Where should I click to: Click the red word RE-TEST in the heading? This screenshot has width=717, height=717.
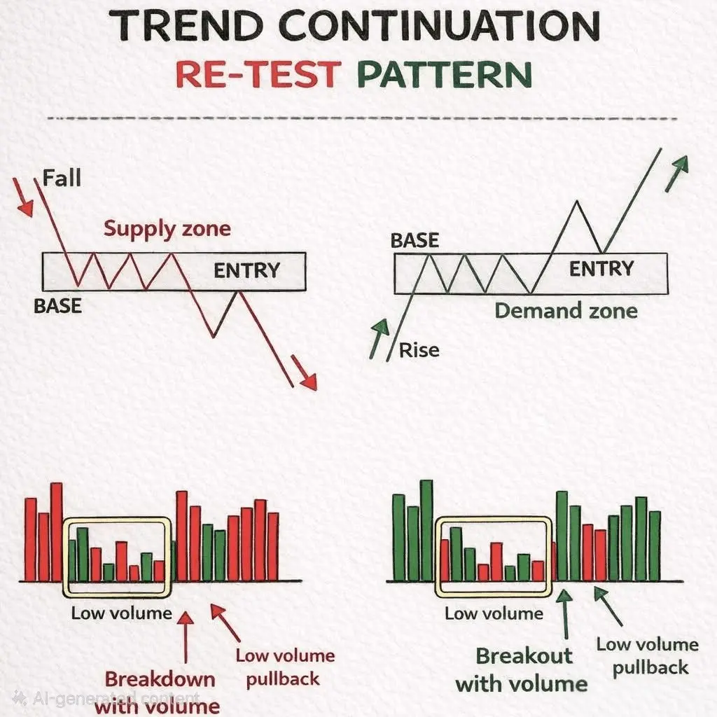[x=258, y=74]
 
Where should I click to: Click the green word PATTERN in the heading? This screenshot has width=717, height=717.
[x=445, y=74]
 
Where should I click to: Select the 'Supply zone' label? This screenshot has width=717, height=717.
[x=167, y=229]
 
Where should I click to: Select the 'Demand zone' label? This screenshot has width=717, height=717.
[x=566, y=311]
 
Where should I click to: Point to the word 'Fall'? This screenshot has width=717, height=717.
[x=62, y=178]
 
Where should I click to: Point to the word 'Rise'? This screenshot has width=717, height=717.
[x=419, y=350]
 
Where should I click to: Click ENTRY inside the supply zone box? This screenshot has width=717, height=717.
[x=246, y=270]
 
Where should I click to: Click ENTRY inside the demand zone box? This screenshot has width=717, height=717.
[x=601, y=268]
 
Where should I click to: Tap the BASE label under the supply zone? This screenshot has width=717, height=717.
[x=57, y=306]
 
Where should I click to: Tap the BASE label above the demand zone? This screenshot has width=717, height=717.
[x=415, y=241]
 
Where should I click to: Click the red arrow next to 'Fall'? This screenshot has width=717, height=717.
[x=22, y=197]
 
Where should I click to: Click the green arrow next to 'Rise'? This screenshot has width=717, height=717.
[x=379, y=338]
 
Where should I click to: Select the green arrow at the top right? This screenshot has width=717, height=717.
[x=676, y=174]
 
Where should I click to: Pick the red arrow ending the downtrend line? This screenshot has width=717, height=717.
[x=304, y=373]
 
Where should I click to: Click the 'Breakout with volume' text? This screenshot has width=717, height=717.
[x=522, y=670]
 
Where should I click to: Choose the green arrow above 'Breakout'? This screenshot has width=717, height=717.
[x=565, y=613]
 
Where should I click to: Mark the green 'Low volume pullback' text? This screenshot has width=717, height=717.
[x=648, y=656]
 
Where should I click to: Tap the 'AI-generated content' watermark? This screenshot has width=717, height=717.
[x=106, y=698]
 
